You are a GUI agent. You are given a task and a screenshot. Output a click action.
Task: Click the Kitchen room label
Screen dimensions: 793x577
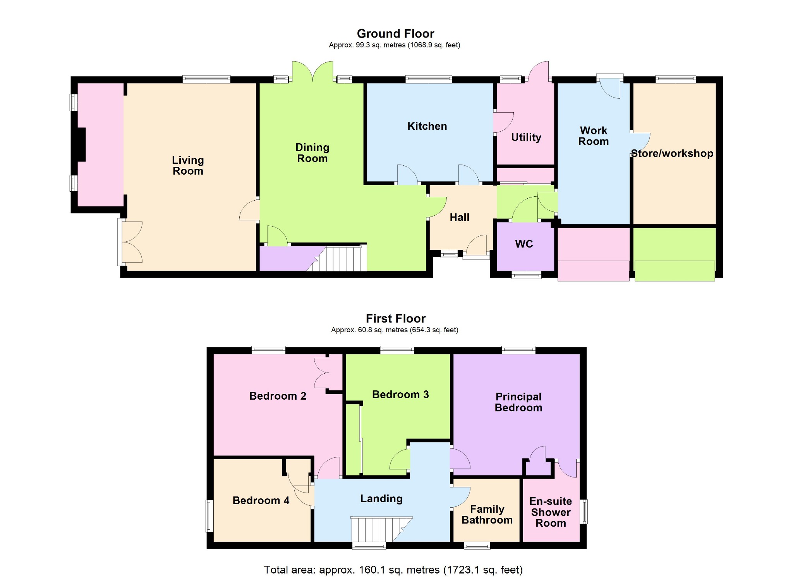coord(427,126)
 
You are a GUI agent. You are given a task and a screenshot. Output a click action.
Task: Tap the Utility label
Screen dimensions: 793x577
coord(526,137)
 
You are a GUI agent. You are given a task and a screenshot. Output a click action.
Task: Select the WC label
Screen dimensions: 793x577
coord(524,244)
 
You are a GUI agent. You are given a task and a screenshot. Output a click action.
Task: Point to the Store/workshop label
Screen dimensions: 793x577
coord(672,153)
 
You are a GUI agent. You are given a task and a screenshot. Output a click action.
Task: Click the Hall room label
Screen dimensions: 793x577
coord(460,218)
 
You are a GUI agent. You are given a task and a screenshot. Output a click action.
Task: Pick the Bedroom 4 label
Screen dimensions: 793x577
coord(261,501)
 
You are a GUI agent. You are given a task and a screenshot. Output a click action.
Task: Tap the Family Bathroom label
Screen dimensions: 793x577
coord(487,515)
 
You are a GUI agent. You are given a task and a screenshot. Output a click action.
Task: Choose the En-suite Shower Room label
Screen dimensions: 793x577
coord(551,512)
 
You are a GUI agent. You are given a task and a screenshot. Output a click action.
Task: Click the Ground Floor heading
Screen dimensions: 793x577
coord(395,34)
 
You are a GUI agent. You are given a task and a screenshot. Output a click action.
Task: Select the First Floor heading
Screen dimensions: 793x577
coord(396,319)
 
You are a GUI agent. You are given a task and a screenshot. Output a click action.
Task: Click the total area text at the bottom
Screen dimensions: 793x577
coord(393,570)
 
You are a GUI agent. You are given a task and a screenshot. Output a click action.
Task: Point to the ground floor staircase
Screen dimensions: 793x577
coord(336,258)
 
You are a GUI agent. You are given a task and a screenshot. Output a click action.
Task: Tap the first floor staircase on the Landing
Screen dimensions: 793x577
coord(382,529)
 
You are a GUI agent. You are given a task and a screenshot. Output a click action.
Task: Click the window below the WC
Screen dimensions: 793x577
coord(526,275)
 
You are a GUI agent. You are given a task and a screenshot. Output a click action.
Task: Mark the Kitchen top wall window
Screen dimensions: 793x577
coord(429,79)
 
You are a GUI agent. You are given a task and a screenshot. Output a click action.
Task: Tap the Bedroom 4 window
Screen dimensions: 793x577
coord(209,516)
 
